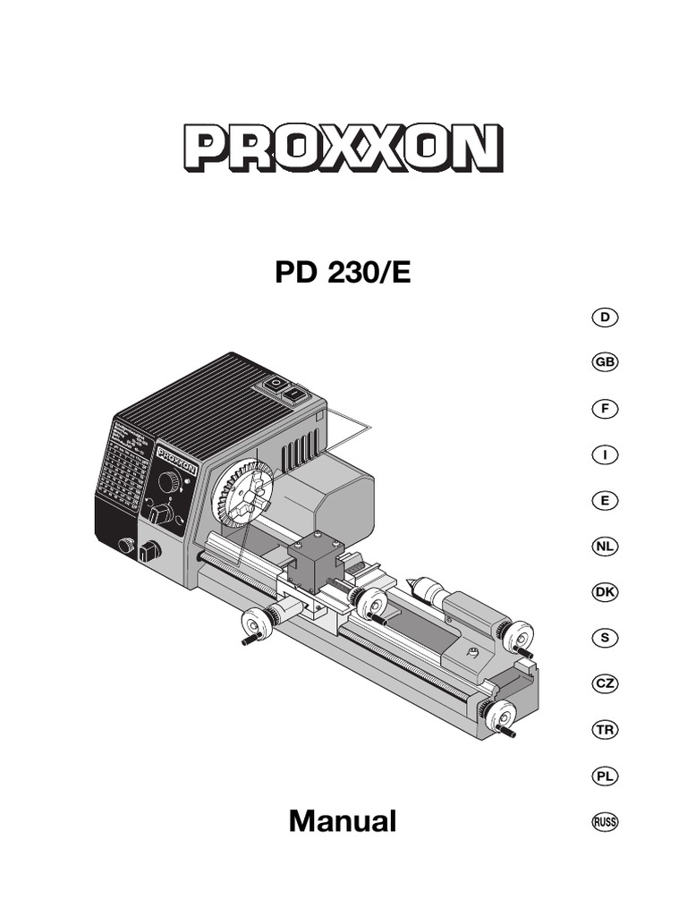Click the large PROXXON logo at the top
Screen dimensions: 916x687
343,148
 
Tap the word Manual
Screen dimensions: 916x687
343,820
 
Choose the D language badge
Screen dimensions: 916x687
606,318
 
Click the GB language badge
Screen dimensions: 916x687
606,363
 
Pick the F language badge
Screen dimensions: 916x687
606,409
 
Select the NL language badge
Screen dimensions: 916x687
606,546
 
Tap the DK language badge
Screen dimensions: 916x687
606,592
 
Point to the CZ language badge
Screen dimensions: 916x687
606,683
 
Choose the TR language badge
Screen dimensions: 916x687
606,730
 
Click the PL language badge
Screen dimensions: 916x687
606,776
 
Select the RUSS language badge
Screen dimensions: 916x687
606,821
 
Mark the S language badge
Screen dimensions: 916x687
606,638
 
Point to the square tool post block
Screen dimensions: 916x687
312,564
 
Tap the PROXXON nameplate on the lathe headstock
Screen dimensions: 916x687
177,457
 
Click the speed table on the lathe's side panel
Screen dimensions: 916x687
124,465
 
